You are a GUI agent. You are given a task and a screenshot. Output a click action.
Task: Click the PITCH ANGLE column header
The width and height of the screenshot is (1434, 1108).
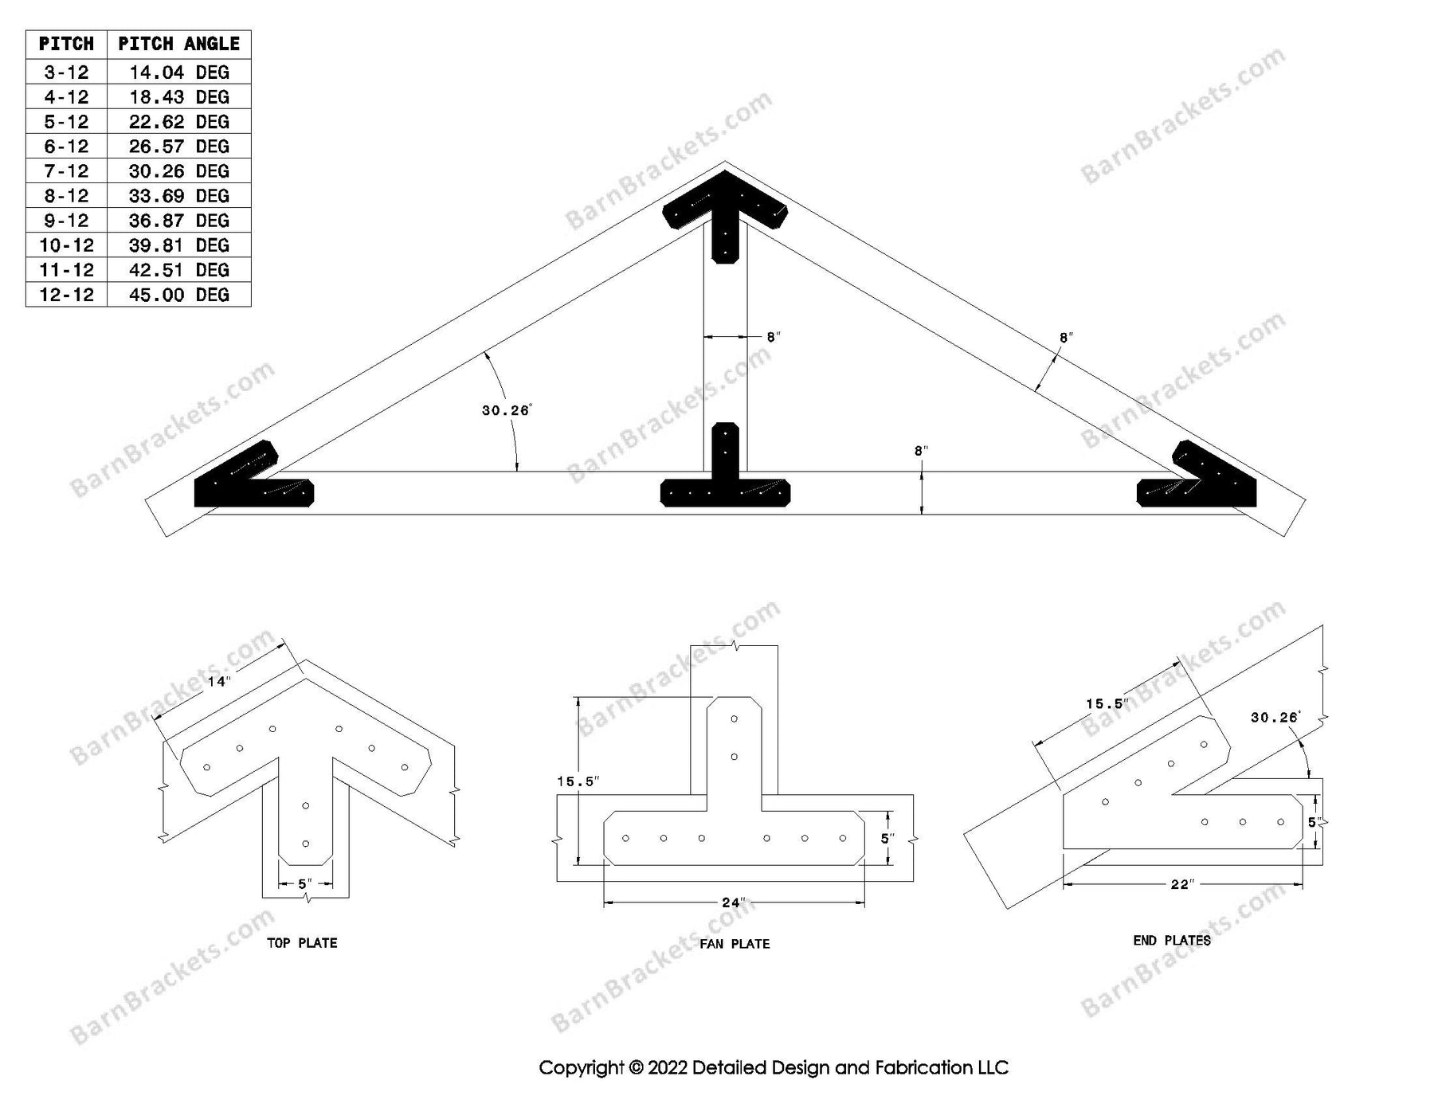tap(178, 44)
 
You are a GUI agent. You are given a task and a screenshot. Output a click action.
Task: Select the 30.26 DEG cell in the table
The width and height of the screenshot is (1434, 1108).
tap(178, 171)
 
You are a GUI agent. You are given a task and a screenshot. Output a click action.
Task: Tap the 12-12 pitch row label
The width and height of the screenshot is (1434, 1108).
tap(66, 295)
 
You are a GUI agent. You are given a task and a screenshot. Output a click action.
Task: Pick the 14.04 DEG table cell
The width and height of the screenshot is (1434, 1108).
tap(178, 72)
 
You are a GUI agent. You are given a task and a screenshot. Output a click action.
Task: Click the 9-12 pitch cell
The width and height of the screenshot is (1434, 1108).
tap(66, 221)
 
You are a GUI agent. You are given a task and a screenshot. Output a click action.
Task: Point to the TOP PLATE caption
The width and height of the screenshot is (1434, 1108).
tap(301, 943)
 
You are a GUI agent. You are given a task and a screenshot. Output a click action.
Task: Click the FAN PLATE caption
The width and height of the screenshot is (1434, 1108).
tap(735, 944)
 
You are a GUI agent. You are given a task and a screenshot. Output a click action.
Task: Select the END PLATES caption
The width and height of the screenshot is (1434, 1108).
tap(1172, 941)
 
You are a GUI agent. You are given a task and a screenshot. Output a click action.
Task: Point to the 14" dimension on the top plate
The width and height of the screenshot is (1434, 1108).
tap(218, 681)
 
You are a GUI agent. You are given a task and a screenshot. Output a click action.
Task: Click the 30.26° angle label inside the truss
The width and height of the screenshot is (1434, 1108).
tap(506, 410)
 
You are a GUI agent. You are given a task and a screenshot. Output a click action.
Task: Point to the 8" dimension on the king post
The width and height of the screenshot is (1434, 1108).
tap(773, 337)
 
